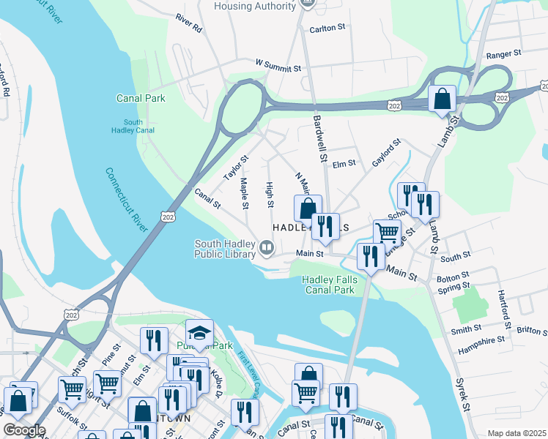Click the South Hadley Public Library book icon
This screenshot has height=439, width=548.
267,249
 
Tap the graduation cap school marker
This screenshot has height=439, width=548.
199,331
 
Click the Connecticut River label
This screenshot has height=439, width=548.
131,200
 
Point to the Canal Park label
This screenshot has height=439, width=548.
141,98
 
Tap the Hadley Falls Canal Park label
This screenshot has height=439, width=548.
329,285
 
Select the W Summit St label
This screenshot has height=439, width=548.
278,67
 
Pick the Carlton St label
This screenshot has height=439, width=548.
327,27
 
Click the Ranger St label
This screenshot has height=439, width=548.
503,53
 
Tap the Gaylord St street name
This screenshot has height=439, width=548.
386,153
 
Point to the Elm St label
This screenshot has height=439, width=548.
344,164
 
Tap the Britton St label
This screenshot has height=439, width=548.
531,331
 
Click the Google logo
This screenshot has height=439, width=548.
24,430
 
